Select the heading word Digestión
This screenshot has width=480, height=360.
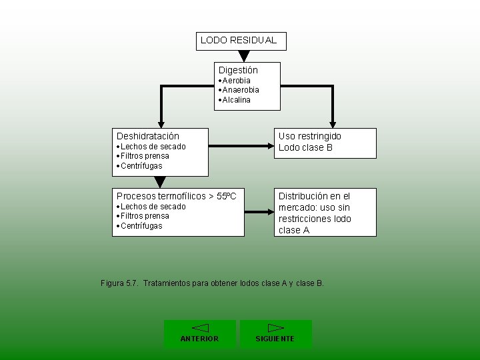(238, 70)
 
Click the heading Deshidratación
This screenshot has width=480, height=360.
(148, 136)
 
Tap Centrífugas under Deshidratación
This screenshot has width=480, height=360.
(141, 166)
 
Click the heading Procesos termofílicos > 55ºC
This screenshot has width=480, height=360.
(176, 196)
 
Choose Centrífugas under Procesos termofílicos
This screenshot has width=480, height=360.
(141, 226)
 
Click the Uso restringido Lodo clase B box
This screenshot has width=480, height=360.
(325, 143)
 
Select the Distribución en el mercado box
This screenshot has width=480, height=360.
(325, 213)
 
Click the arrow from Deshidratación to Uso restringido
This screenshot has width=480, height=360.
(241, 143)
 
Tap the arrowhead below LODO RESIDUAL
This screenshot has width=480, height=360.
(244, 56)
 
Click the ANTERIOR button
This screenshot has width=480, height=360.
(200, 334)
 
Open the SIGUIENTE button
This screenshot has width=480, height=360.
(275, 334)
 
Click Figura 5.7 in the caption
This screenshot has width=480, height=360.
(119, 283)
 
